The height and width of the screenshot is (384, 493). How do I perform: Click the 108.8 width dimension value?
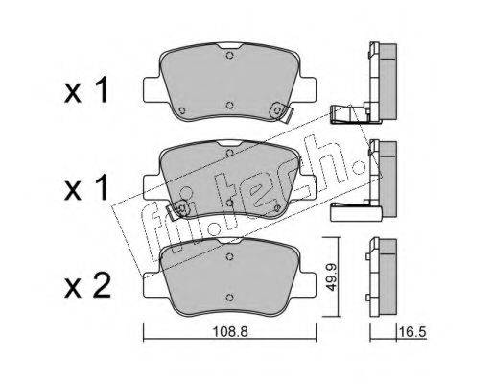tap(230, 332)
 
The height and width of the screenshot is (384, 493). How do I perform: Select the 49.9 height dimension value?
tap(332, 277)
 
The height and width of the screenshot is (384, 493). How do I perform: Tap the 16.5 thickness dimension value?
tap(412, 332)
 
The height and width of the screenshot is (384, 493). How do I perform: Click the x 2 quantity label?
tap(87, 286)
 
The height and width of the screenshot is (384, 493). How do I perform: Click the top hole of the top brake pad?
tap(229, 56)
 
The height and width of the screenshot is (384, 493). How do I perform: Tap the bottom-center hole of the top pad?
tap(229, 106)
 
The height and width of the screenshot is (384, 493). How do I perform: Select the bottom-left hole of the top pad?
tap(182, 110)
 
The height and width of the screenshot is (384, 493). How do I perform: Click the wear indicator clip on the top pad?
tap(281, 111)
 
